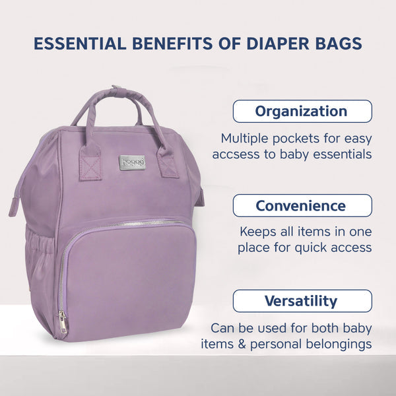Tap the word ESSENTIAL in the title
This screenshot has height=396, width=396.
click(80, 44)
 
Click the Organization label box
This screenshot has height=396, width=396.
click(302, 112)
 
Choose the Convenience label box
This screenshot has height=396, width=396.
click(302, 205)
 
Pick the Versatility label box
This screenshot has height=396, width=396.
click(302, 301)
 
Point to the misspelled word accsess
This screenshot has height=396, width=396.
click(236, 154)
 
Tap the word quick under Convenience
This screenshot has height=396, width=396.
click(311, 248)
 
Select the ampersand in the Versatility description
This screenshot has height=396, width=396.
click(242, 345)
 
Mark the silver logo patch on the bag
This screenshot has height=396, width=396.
click(133, 162)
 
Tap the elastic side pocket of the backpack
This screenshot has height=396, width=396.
click(40, 255)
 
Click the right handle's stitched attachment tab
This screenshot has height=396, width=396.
click(167, 164)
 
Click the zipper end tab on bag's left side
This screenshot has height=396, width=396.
click(14, 207)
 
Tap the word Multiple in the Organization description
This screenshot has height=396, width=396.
click(245, 139)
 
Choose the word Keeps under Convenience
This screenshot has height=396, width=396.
click(258, 232)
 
